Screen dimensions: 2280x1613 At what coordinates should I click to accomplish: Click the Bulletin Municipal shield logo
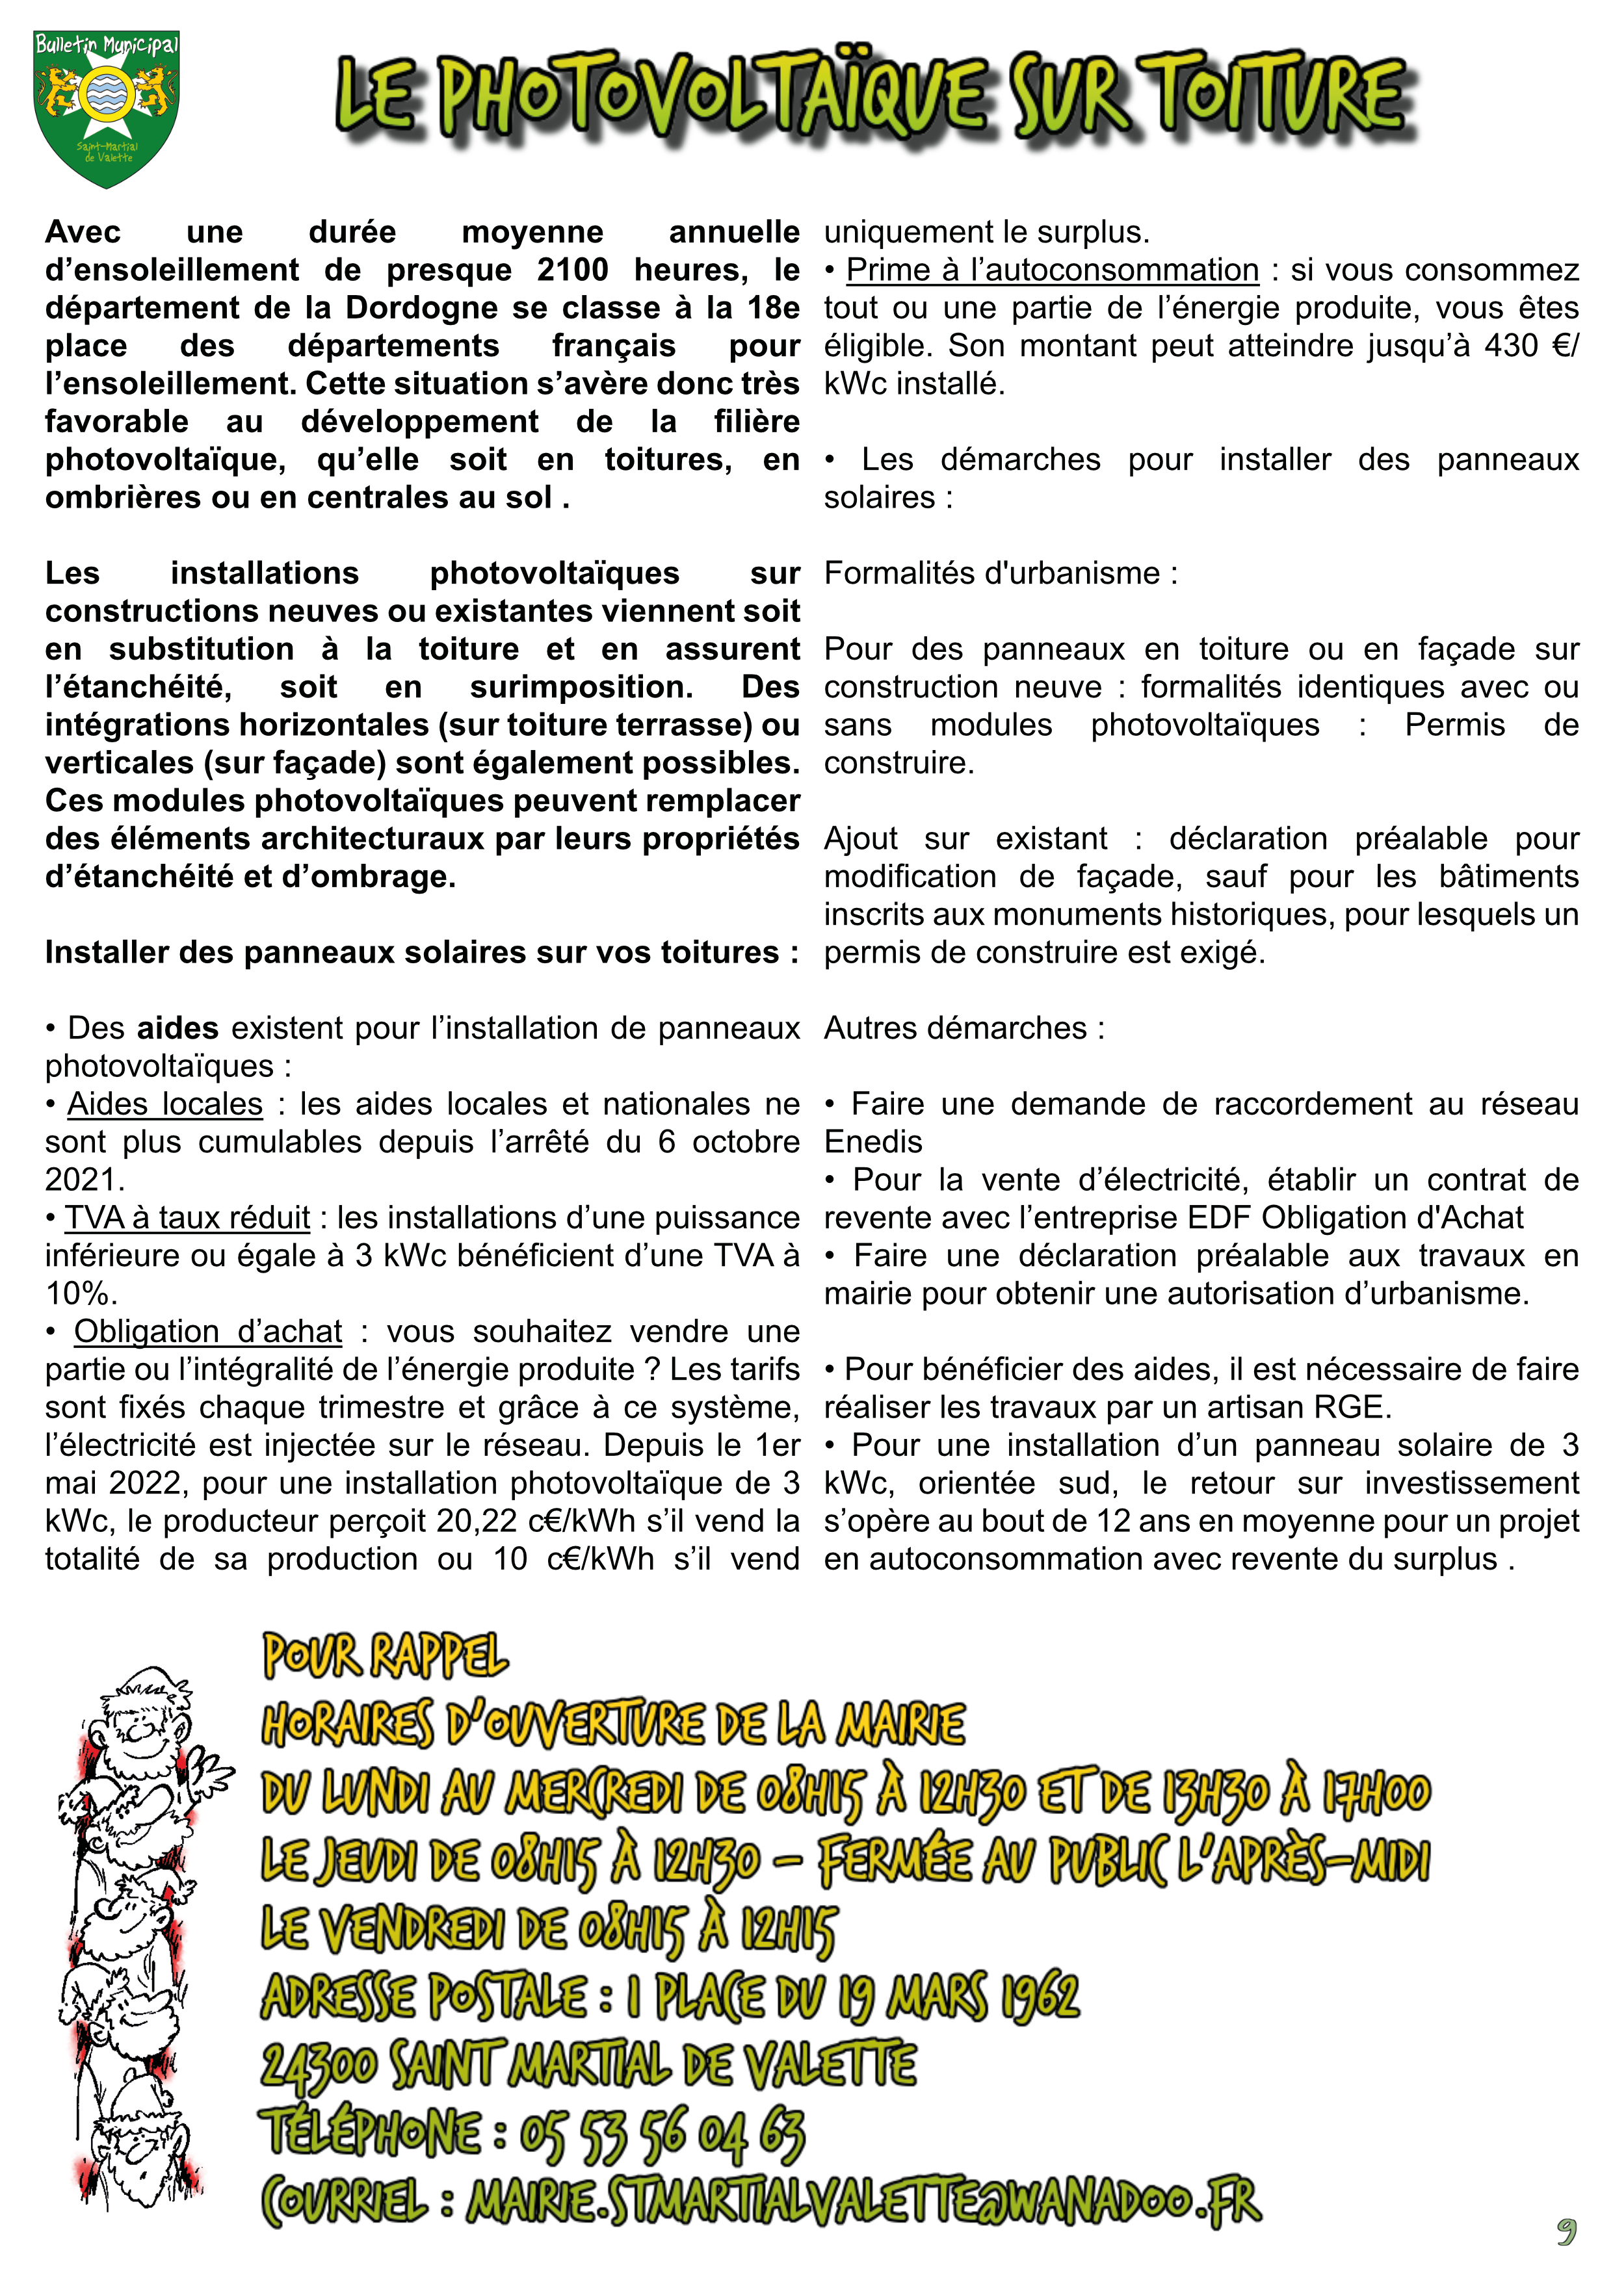[106, 107]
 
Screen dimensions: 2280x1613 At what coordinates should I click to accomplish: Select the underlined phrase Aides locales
[165, 1104]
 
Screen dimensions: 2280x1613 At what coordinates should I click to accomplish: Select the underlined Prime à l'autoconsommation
[1052, 270]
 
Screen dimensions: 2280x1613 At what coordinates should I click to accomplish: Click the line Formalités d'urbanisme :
[1000, 573]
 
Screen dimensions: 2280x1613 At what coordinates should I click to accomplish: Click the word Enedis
[873, 1142]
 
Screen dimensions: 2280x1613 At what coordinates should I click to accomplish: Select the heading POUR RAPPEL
[386, 1656]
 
